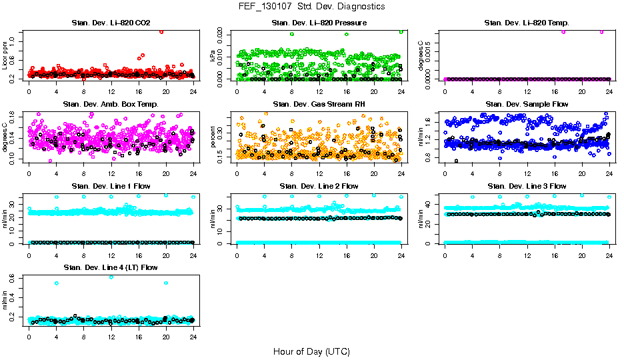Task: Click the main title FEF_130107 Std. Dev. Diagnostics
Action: click(311, 7)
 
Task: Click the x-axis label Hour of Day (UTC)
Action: click(311, 351)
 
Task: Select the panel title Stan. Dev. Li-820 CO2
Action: click(111, 23)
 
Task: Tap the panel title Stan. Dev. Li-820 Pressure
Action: click(319, 23)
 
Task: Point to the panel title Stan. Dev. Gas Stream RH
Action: click(319, 105)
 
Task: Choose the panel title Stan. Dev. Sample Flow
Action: click(527, 105)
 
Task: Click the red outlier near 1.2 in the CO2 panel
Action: click(161, 31)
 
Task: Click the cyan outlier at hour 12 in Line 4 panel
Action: click(111, 277)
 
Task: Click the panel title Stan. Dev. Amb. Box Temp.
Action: click(111, 105)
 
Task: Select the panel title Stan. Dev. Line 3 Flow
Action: click(527, 186)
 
